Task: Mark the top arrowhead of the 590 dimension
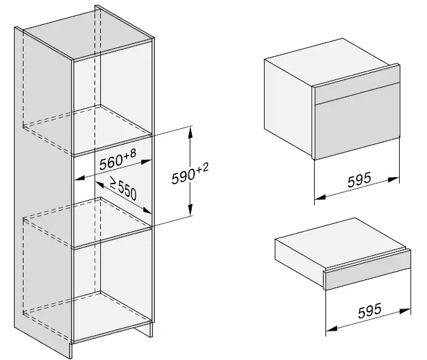pyautogui.click(x=190, y=130)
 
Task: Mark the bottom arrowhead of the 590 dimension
pyautogui.click(x=190, y=213)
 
